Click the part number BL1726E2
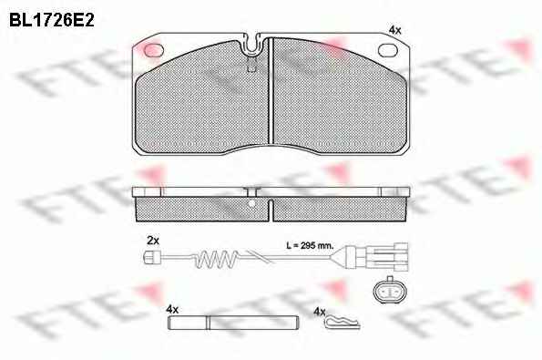pyautogui.click(x=52, y=20)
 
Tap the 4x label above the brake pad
pyautogui.click(x=394, y=30)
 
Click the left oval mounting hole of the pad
pyautogui.click(x=153, y=50)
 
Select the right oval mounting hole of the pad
pyautogui.click(x=388, y=50)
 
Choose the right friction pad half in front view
pyautogui.click(x=340, y=96)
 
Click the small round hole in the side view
pyautogui.click(x=252, y=203)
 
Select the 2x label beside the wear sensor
pyautogui.click(x=153, y=241)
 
